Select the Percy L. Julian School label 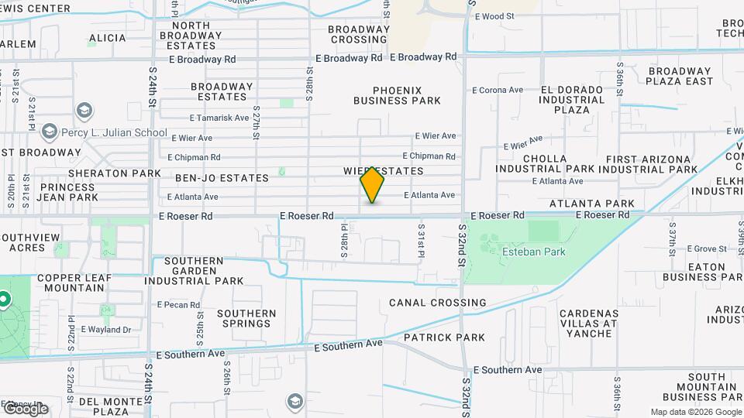117,132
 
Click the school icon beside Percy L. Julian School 50,132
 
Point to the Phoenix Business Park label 397,95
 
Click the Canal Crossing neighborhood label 438,303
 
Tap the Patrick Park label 444,337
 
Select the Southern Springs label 246,318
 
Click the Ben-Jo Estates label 222,178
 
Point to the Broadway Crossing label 358,34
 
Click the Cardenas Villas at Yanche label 588,323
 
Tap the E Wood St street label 494,16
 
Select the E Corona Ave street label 498,90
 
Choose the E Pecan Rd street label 178,305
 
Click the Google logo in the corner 25,408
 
